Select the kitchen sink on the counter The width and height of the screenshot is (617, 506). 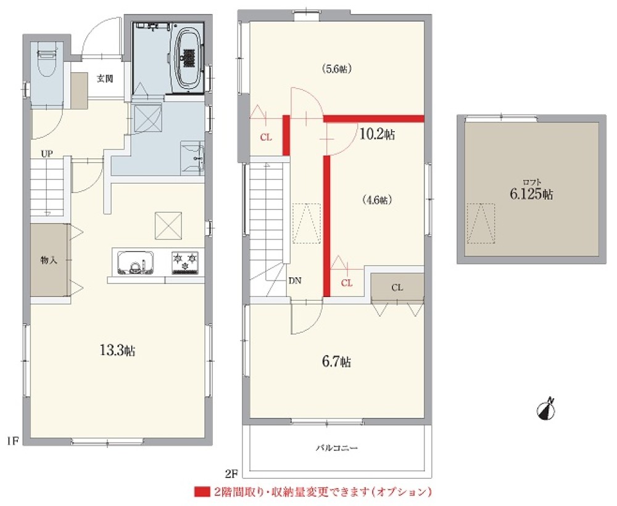(x=135, y=263)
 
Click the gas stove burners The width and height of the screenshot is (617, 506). (x=184, y=262)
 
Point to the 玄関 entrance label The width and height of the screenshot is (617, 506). (x=105, y=79)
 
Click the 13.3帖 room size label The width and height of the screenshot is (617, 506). (x=118, y=350)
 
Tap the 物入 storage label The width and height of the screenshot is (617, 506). (x=49, y=260)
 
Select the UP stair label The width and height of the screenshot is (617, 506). (x=47, y=154)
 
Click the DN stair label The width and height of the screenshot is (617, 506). (x=295, y=280)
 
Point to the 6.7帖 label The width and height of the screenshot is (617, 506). (x=336, y=361)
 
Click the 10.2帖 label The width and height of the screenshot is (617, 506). (x=377, y=134)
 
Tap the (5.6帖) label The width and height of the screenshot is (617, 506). (x=336, y=69)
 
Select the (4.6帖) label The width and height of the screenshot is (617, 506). (x=376, y=200)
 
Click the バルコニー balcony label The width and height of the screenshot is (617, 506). (x=337, y=447)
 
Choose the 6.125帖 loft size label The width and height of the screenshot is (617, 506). (x=532, y=194)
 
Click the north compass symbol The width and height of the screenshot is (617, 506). (x=546, y=409)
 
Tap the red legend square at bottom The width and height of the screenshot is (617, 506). (x=202, y=492)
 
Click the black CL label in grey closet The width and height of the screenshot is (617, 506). (x=397, y=287)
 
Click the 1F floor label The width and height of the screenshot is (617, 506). (x=12, y=440)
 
